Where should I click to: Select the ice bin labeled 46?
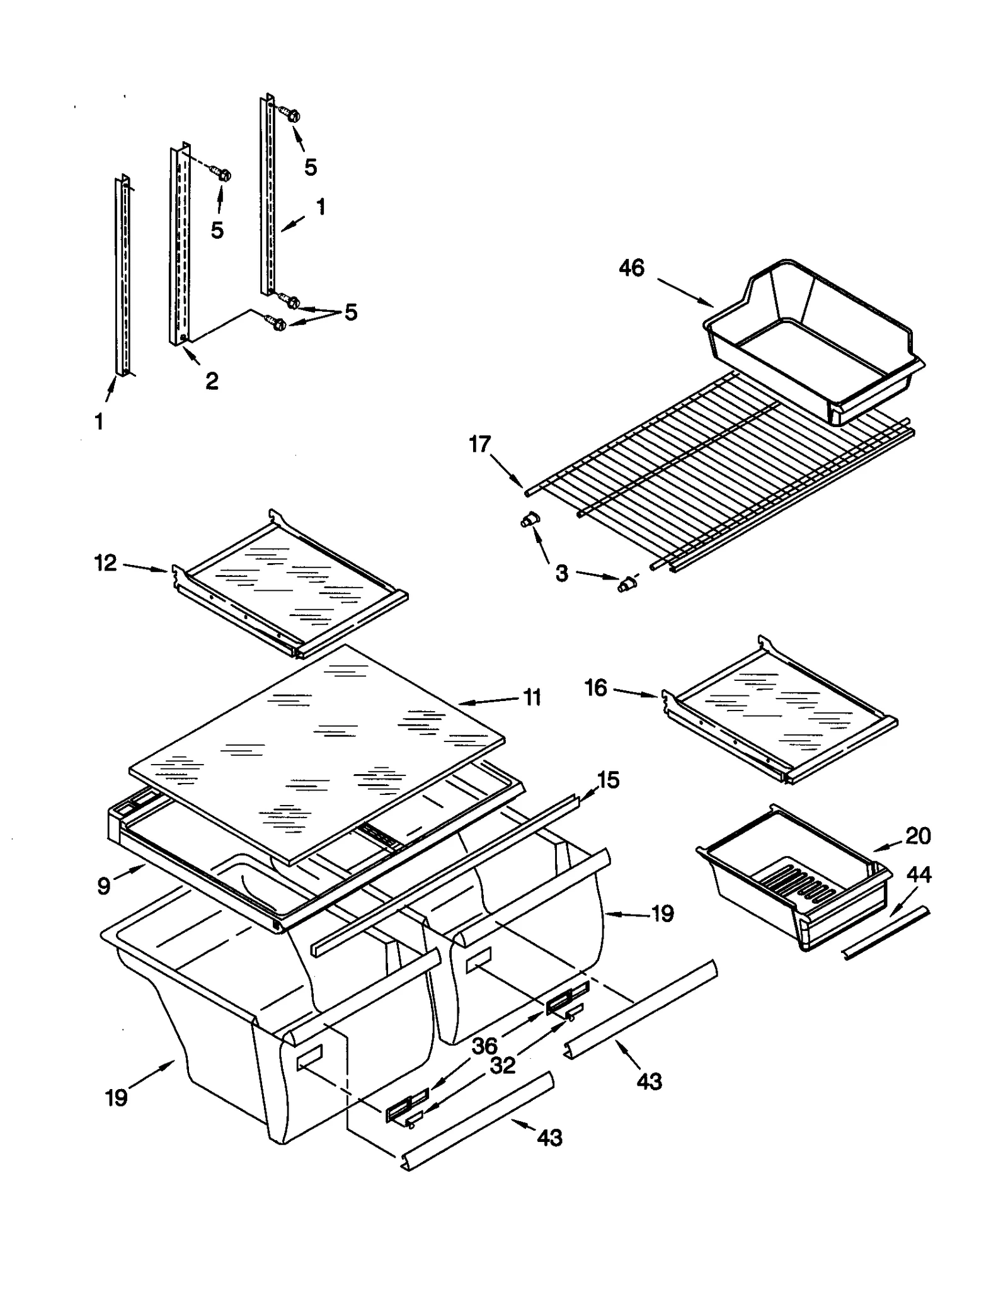tap(813, 340)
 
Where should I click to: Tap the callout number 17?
tap(479, 445)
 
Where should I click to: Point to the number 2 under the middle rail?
tap(212, 380)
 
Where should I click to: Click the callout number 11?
tap(532, 697)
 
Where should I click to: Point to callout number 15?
tap(608, 780)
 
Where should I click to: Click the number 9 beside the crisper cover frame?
tap(104, 886)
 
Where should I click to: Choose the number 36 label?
tap(484, 1046)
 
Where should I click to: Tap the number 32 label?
tap(502, 1066)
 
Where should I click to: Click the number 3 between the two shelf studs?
tap(561, 573)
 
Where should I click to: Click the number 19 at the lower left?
tap(117, 1098)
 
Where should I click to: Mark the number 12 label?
tap(106, 562)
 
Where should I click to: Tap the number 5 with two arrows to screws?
tap(350, 312)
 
